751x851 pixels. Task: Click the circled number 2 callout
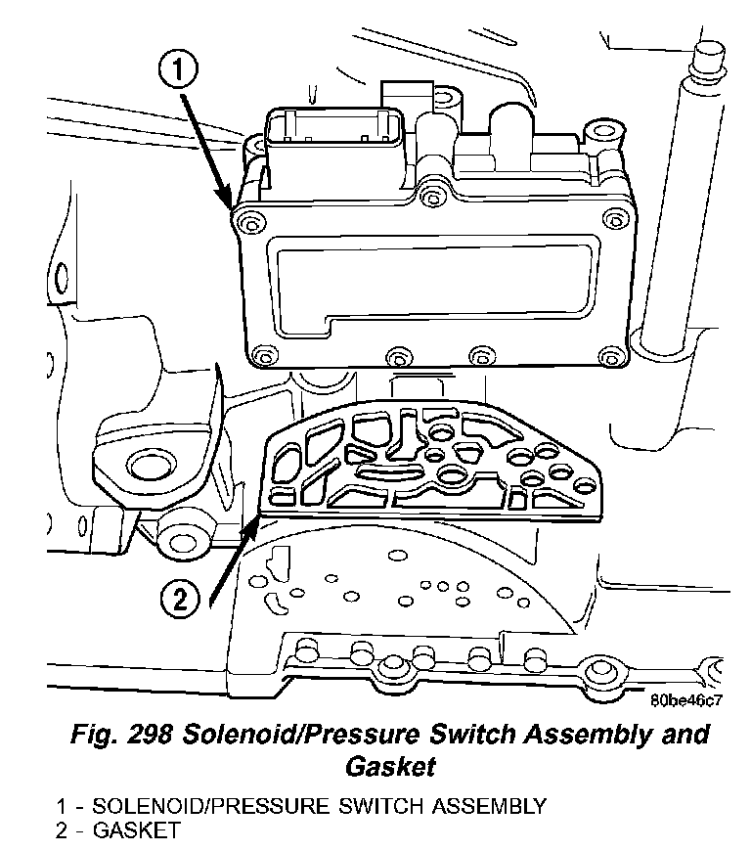pyautogui.click(x=179, y=599)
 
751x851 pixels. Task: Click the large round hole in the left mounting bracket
pyautogui.click(x=147, y=468)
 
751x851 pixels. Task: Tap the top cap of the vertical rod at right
pyautogui.click(x=702, y=61)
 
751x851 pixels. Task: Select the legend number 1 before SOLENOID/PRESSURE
pyautogui.click(x=61, y=807)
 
